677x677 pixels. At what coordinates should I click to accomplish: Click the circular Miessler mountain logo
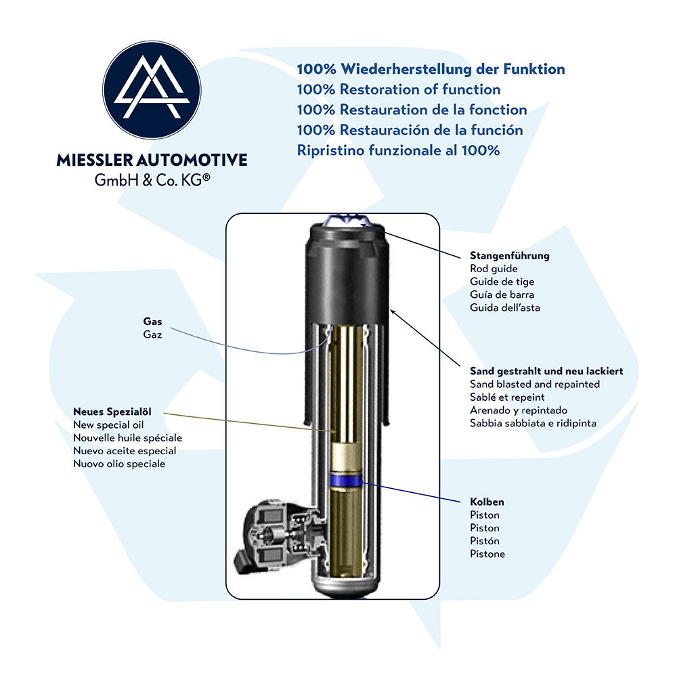click(x=152, y=90)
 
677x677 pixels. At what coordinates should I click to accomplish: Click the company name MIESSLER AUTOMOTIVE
click(x=152, y=160)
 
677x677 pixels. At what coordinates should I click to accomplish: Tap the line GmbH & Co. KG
click(x=152, y=180)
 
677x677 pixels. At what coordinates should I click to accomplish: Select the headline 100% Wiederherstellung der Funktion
click(x=431, y=69)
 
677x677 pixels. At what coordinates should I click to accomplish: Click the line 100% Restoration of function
click(x=399, y=89)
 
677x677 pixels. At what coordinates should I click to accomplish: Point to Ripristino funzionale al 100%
click(x=398, y=150)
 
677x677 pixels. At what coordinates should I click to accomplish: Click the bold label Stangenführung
click(x=510, y=256)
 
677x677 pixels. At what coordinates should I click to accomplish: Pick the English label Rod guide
click(x=494, y=269)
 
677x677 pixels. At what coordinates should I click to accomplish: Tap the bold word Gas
click(x=152, y=321)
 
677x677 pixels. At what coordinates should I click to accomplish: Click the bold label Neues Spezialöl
click(x=112, y=412)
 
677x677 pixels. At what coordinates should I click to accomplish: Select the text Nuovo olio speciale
click(x=119, y=464)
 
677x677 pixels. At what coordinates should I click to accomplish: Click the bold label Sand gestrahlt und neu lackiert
click(x=546, y=371)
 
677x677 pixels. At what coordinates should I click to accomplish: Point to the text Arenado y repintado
click(x=519, y=410)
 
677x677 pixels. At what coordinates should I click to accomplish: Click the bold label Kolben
click(x=487, y=502)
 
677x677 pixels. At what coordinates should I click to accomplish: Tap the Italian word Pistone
click(x=487, y=554)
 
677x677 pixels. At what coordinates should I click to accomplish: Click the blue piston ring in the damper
click(x=345, y=481)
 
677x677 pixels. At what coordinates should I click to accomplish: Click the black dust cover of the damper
click(x=347, y=276)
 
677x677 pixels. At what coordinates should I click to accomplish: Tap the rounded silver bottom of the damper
click(x=347, y=588)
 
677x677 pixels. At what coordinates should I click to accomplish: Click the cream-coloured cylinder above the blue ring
click(x=345, y=457)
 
